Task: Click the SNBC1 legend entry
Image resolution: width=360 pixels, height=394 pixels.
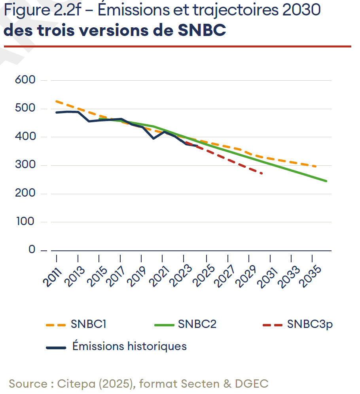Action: (89, 325)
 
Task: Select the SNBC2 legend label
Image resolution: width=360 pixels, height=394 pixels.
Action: (197, 325)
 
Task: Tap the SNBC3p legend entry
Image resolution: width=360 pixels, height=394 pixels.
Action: (310, 325)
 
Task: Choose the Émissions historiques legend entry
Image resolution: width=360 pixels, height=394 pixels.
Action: (129, 347)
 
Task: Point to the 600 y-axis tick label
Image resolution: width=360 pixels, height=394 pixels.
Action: (25, 80)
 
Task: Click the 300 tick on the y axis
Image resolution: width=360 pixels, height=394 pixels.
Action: (25, 165)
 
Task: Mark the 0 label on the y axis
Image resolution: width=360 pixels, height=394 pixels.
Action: (32, 250)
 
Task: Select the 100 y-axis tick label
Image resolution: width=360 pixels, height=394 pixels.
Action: (25, 222)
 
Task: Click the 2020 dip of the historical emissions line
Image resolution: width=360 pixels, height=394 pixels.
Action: (153, 138)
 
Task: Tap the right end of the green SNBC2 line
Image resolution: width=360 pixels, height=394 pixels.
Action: (326, 181)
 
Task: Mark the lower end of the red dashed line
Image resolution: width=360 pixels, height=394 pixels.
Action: (262, 173)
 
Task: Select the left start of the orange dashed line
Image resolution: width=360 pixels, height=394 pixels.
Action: (57, 101)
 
